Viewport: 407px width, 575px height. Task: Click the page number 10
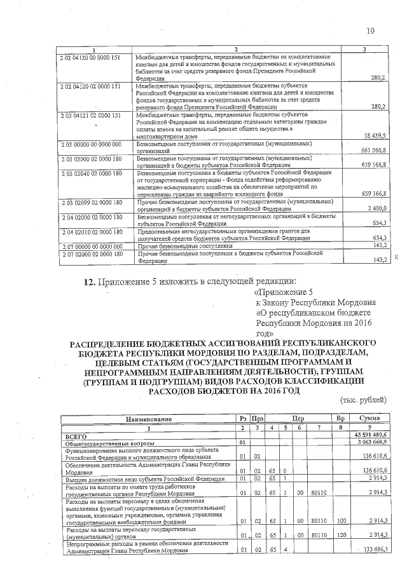[371, 31]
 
